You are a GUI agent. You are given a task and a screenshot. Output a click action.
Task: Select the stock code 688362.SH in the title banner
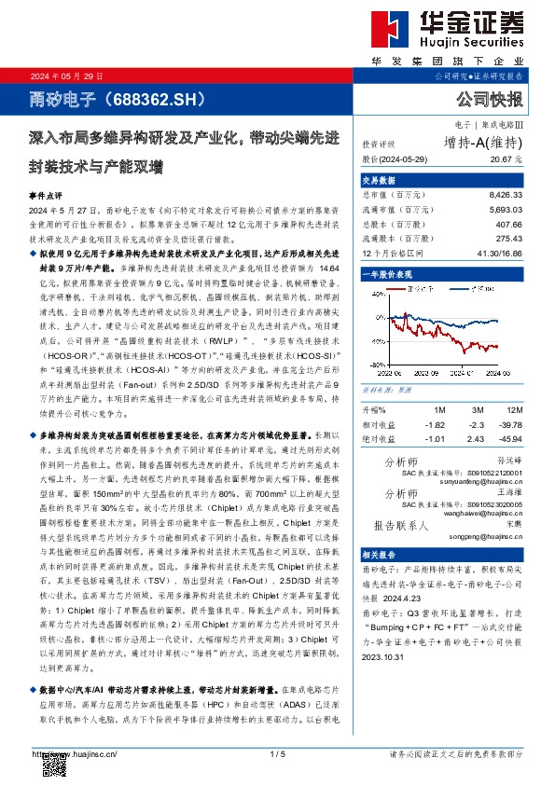point(147,97)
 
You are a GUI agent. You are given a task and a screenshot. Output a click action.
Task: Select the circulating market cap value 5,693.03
point(506,211)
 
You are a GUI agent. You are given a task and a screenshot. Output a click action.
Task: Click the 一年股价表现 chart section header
point(385,275)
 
